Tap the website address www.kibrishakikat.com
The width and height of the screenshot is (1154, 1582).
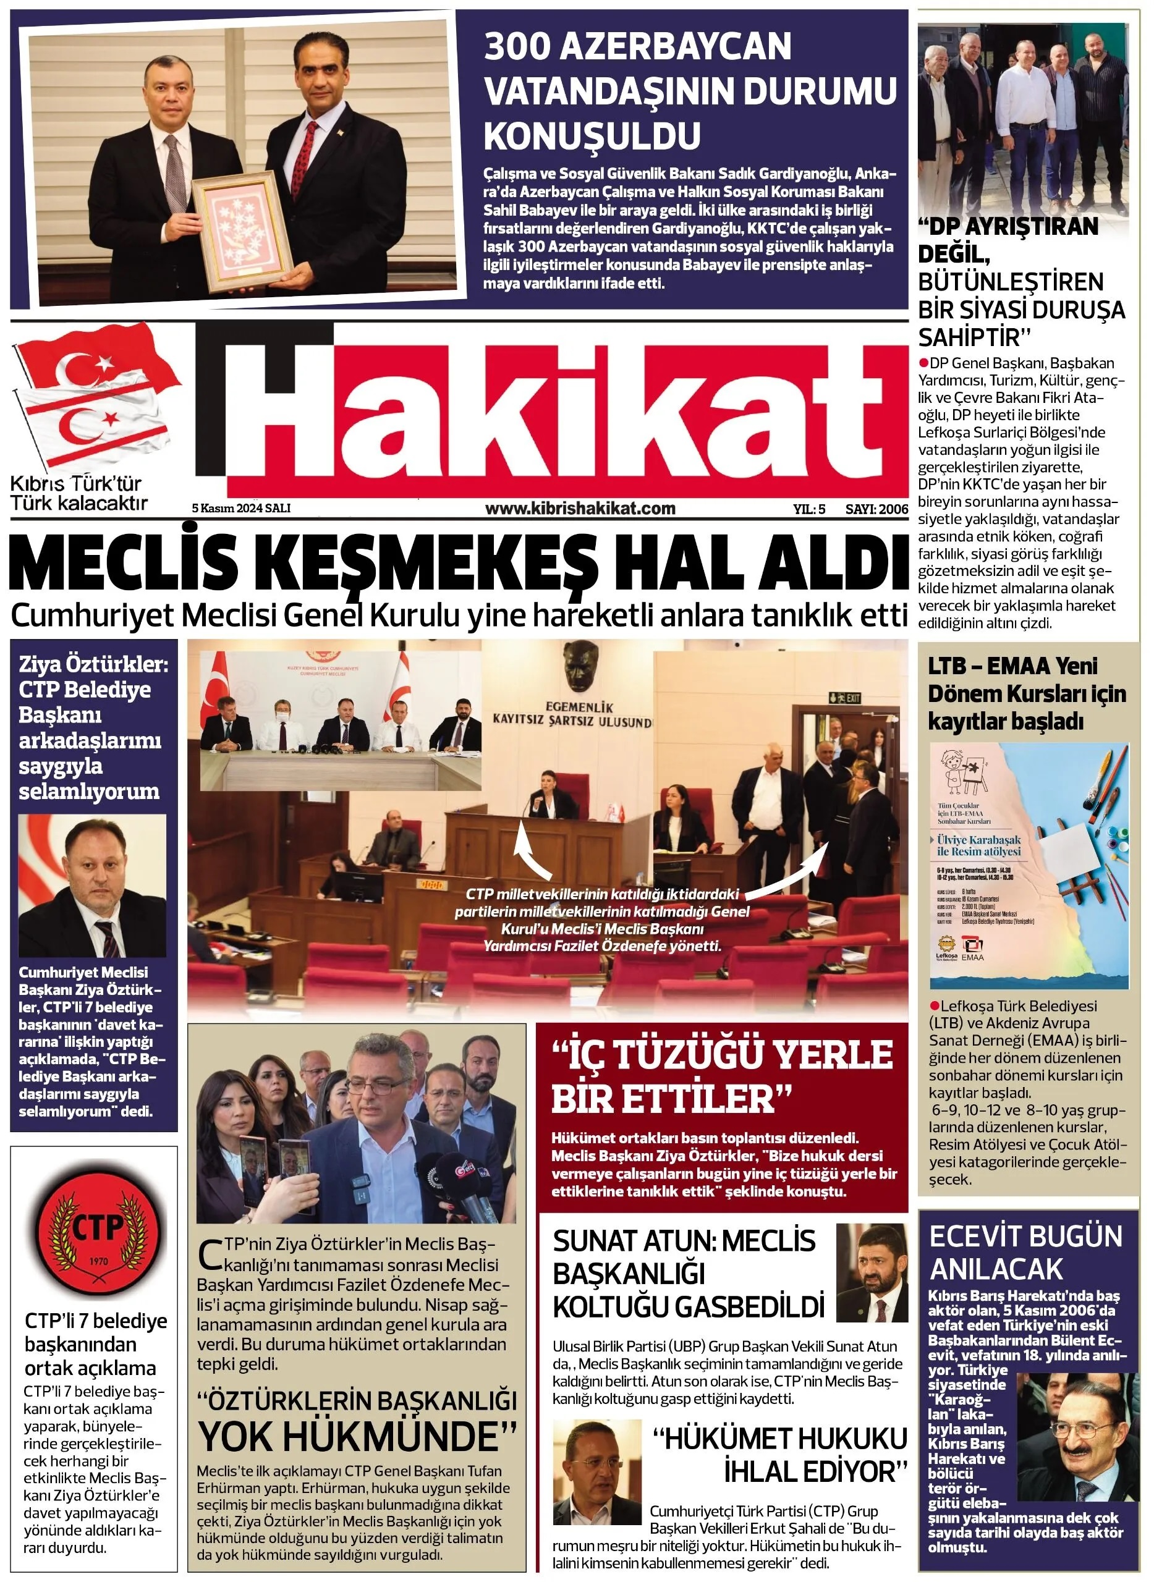580,509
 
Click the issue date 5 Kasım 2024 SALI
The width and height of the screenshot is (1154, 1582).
241,509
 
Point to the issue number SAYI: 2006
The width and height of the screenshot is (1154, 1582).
876,509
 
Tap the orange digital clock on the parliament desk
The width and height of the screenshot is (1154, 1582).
431,884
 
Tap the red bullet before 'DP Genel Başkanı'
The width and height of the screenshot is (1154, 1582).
923,363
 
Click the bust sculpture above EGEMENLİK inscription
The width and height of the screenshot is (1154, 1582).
581,664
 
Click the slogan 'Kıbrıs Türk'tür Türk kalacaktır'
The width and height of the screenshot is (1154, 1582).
78,493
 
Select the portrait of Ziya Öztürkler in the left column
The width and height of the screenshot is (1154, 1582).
92,886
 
